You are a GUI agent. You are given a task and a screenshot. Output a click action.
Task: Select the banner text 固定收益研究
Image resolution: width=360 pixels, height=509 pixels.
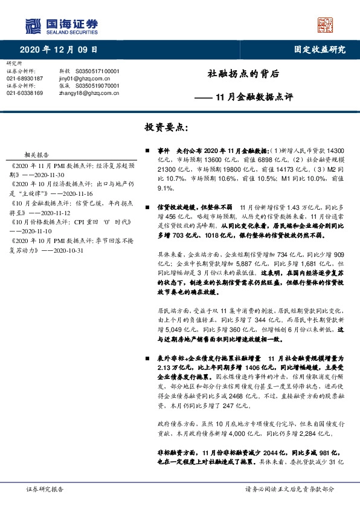(x=320, y=50)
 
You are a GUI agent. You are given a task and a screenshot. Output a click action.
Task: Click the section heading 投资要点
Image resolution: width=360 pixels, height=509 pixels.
(x=167, y=128)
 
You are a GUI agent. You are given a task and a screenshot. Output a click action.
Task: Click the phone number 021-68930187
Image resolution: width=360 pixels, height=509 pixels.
(x=25, y=79)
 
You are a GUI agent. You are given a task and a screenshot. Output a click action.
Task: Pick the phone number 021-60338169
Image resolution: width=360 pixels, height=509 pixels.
(x=25, y=93)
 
